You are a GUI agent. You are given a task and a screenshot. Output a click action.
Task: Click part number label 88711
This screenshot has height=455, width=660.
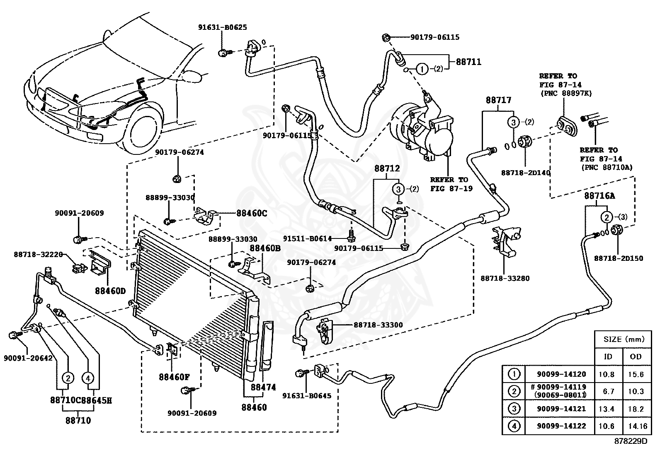click(x=468, y=62)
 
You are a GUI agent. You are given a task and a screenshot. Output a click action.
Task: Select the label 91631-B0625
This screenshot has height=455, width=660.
click(x=223, y=27)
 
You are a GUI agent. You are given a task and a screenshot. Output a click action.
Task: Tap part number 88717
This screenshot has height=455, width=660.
click(x=499, y=100)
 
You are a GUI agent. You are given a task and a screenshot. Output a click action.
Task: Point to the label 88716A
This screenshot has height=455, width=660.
click(x=599, y=196)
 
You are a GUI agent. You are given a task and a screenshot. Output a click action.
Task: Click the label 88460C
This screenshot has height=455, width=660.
click(x=252, y=213)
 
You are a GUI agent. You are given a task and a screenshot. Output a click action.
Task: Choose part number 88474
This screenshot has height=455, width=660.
click(x=263, y=388)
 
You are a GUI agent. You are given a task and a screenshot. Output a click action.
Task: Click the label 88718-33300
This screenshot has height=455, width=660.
click(x=378, y=325)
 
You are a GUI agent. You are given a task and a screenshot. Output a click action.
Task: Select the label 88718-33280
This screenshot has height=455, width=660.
click(x=505, y=278)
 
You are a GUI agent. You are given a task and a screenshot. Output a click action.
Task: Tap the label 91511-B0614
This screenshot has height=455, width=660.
click(x=308, y=238)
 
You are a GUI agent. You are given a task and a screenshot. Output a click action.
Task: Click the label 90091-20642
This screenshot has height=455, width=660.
click(x=28, y=358)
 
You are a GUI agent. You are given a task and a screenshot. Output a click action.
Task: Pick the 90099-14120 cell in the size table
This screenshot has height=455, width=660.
click(x=561, y=374)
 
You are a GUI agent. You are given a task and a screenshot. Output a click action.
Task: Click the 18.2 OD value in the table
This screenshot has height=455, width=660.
click(x=636, y=409)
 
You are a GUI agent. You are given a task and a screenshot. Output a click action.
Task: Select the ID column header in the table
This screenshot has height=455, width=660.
click(x=608, y=357)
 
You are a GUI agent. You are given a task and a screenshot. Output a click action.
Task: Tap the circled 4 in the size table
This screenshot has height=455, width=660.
click(x=514, y=426)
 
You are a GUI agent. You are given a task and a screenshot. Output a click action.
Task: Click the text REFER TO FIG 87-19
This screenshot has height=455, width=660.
click(x=451, y=184)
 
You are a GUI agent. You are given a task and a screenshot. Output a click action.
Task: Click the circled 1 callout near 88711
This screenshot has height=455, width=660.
click(x=422, y=70)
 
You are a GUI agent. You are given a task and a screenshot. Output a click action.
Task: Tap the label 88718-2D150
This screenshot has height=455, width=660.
click(x=619, y=258)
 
